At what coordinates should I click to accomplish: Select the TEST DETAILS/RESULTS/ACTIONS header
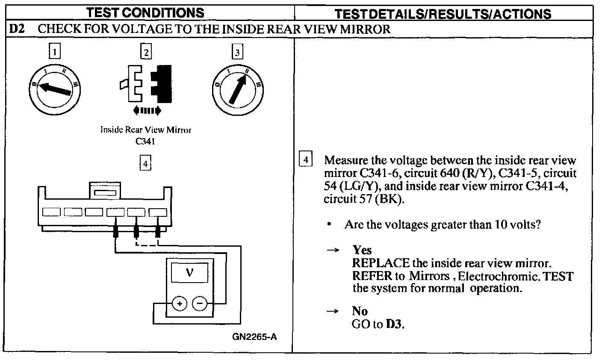pos(443,13)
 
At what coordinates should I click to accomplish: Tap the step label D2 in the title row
pos(18,29)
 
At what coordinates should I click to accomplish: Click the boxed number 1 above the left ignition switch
pos(54,52)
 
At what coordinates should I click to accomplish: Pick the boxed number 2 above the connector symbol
pos(146,52)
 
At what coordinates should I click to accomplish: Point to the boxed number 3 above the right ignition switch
pos(237,52)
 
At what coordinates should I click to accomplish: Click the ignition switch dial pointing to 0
pos(55,88)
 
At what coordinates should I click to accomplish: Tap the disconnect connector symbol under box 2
pos(146,83)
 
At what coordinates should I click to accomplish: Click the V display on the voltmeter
pos(190,273)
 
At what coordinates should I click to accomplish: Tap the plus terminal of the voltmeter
pos(180,304)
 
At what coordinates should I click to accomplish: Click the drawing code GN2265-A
pos(254,336)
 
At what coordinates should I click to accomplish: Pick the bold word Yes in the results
pos(362,250)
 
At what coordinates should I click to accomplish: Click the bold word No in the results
pos(360,311)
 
